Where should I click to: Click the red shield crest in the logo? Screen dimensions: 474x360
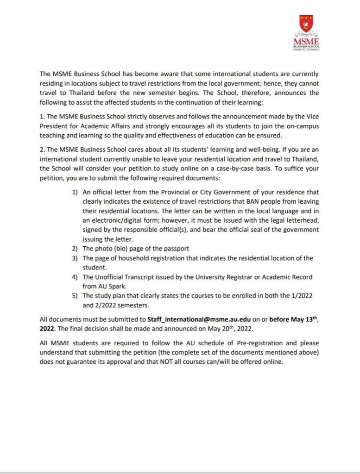tap(306, 24)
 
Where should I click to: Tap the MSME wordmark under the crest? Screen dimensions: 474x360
tap(306, 43)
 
